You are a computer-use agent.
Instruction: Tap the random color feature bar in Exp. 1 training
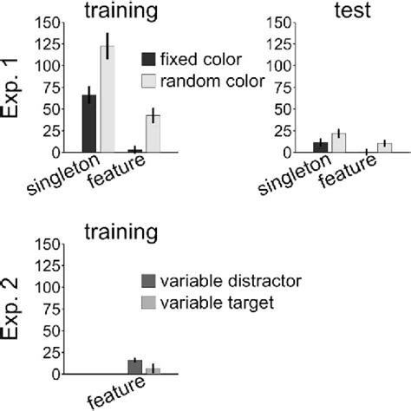(153, 134)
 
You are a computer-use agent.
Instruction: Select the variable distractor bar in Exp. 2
(134, 367)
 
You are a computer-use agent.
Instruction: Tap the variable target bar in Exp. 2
(153, 370)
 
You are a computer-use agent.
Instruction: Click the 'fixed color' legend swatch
(148, 59)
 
